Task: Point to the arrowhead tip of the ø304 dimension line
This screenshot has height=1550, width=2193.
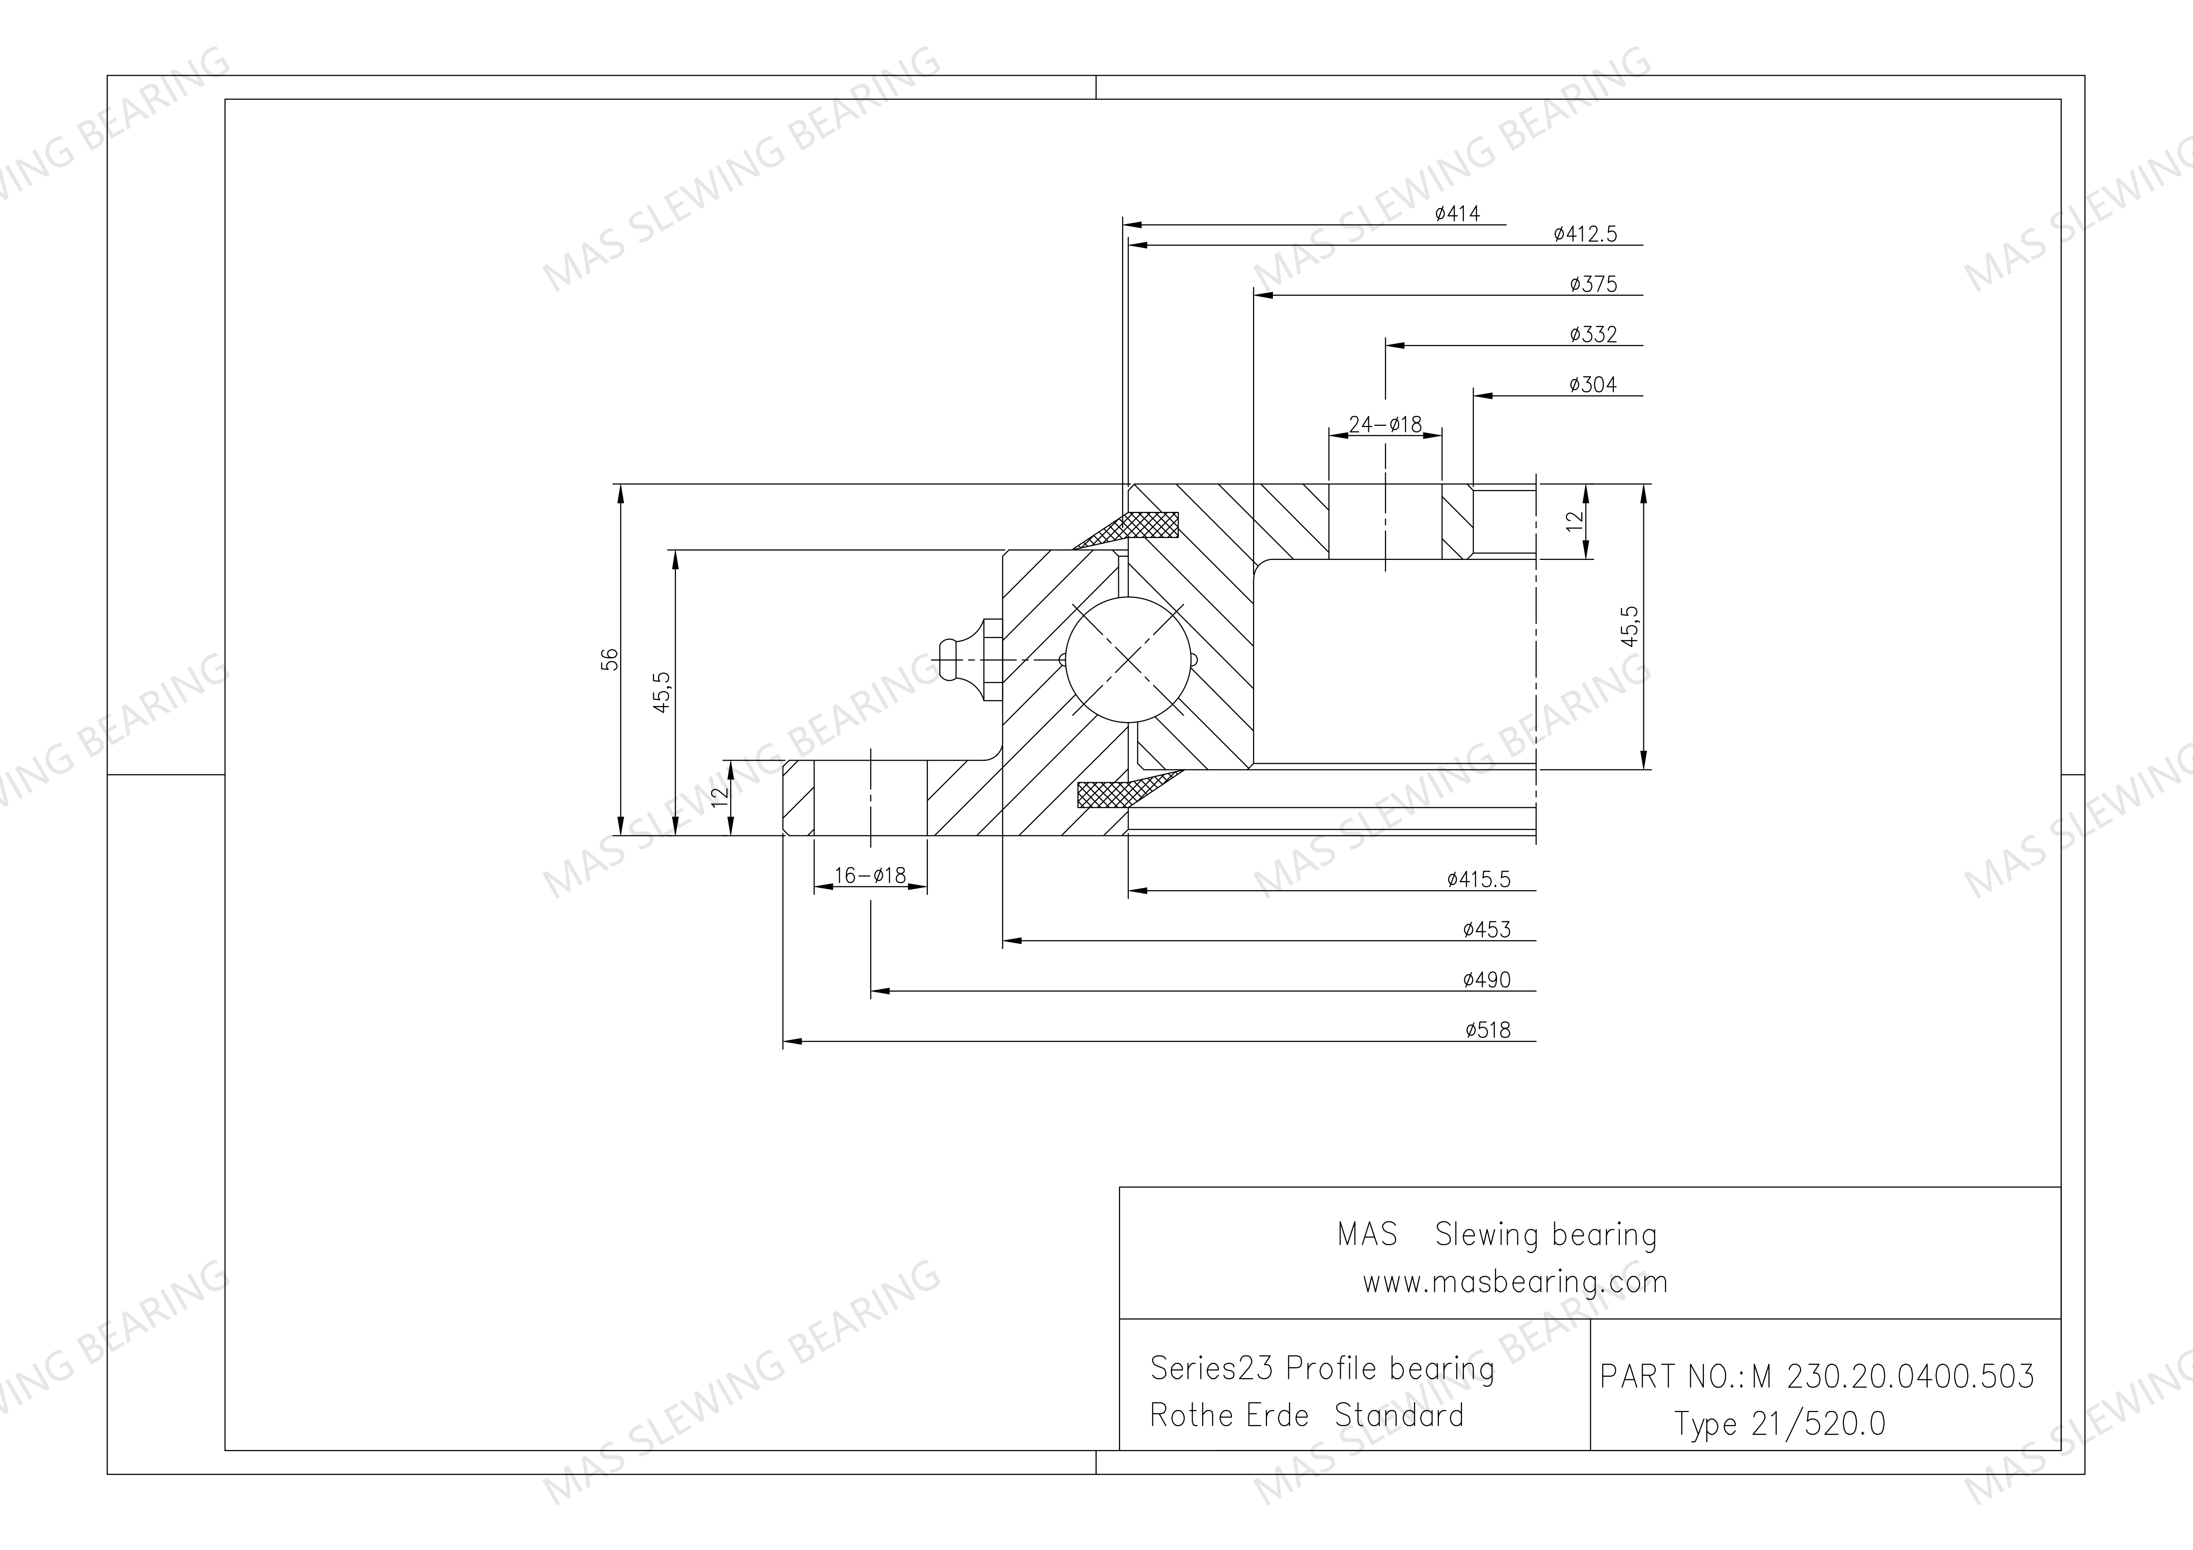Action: (x=1474, y=395)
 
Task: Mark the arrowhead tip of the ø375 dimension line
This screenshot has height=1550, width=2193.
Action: (x=1254, y=295)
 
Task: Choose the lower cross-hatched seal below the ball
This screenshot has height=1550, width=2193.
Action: (x=1125, y=791)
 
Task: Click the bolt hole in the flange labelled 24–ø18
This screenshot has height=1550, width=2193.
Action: (x=1385, y=522)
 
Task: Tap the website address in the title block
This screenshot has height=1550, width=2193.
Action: (x=1515, y=1282)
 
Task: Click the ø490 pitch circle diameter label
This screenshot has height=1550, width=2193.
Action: (x=1486, y=980)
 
